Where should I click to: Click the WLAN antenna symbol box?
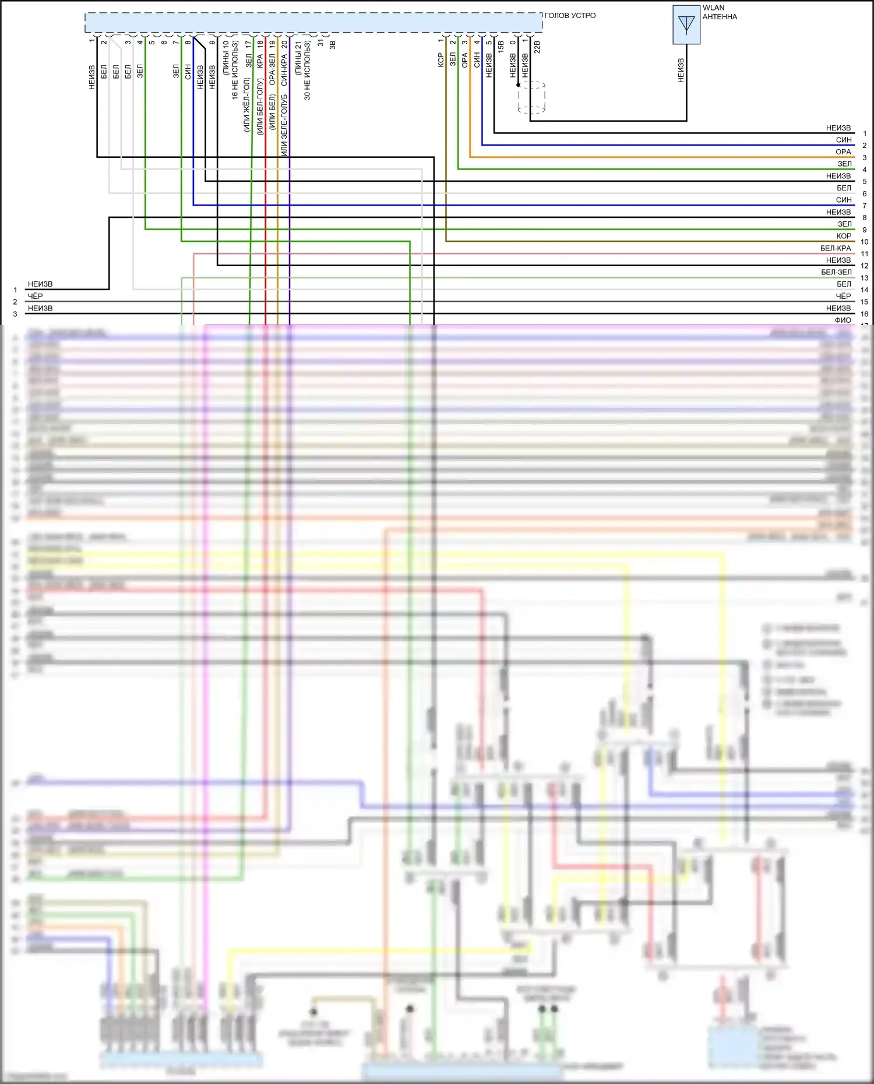point(686,24)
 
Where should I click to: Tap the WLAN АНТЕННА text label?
point(720,12)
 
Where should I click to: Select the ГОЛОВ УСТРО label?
point(570,16)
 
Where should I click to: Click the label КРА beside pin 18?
point(260,62)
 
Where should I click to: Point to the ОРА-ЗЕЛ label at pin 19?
point(272,70)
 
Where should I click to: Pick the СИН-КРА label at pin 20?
point(284,70)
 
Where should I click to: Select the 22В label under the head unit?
point(537,47)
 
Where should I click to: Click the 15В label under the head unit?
point(501,47)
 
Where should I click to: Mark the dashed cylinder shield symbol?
point(531,97)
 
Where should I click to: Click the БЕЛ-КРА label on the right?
point(836,248)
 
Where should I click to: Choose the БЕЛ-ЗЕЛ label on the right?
point(836,272)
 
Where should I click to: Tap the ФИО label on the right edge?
point(843,320)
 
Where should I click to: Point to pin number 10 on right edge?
point(864,242)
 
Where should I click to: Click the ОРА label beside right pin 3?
point(843,152)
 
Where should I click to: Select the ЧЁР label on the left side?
point(36,296)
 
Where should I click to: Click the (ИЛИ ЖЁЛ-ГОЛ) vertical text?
point(246,105)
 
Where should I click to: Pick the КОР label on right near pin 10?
point(843,236)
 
